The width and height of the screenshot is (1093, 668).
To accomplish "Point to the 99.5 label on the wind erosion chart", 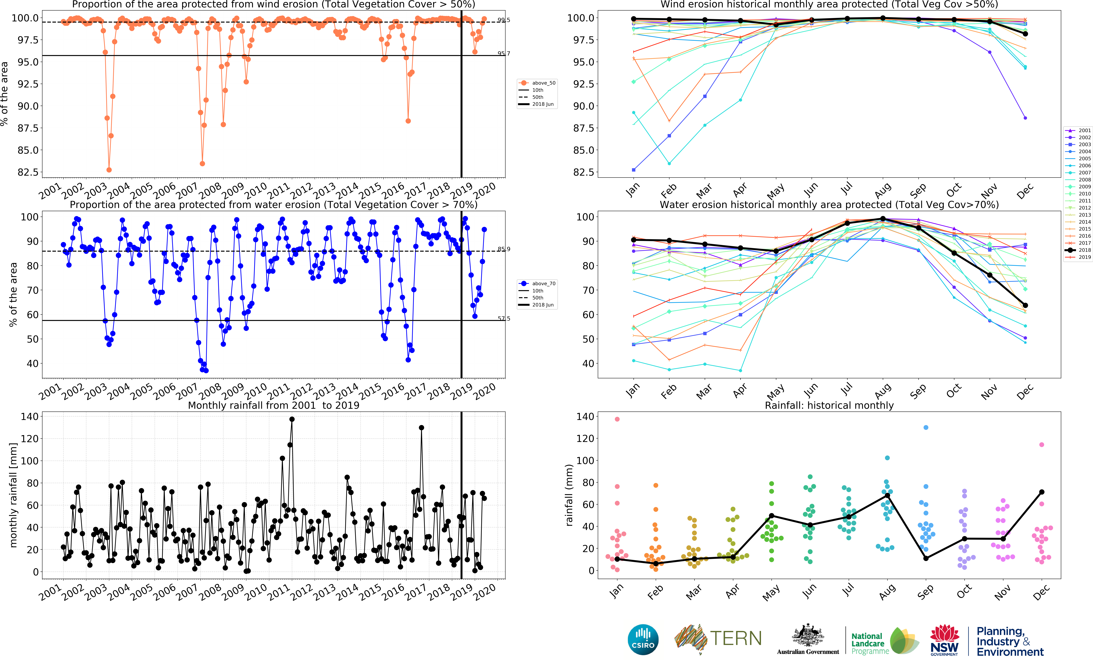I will tap(503, 20).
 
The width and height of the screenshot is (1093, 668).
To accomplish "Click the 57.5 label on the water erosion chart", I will tap(503, 319).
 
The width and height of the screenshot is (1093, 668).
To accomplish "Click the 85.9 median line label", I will tap(503, 249).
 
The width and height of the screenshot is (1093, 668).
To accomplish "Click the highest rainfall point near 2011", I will tap(292, 419).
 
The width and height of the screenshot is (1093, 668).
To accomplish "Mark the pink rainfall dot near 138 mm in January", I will tap(617, 419).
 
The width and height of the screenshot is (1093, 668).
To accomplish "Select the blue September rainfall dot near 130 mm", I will tap(926, 427).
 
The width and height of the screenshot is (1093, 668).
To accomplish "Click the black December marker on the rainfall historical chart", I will tap(1042, 492).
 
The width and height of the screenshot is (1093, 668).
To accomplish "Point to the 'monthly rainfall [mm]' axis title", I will tap(13, 495).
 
